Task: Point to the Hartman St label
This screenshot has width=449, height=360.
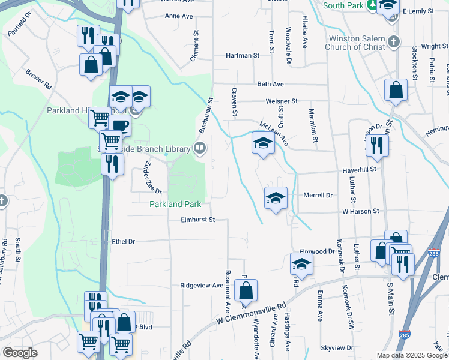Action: pos(242,55)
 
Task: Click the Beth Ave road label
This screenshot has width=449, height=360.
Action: pos(270,85)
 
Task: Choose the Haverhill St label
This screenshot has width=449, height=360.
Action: pos(358,170)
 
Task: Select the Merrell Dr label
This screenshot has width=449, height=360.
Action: pos(318,196)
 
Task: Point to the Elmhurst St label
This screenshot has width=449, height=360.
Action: pos(198,220)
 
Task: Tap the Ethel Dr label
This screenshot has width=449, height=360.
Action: pos(124,241)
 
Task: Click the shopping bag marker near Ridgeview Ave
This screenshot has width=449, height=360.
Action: pos(246,291)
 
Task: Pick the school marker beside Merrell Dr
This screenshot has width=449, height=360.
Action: pos(276,198)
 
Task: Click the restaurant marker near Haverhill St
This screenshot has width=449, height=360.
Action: pos(377,145)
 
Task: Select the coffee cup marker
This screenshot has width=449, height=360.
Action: pos(120,126)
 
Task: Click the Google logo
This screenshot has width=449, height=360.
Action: pos(20,353)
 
